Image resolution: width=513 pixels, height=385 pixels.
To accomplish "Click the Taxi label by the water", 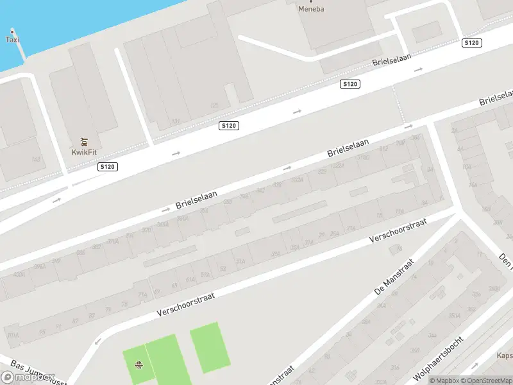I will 12,40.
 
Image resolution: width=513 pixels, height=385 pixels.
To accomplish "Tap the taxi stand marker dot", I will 12,31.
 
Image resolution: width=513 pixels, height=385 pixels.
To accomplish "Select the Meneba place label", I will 312,8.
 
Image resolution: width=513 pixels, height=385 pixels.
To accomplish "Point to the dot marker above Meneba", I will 312,1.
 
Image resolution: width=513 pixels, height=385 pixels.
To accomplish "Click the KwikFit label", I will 84,152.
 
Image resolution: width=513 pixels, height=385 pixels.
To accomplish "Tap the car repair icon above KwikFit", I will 84,142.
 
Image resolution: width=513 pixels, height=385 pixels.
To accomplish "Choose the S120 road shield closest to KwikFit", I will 108,167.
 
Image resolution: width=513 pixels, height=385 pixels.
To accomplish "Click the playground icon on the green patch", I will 138,366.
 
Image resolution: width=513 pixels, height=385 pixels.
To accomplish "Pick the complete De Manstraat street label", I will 394,278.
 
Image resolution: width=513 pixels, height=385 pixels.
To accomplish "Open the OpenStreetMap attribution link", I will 485,381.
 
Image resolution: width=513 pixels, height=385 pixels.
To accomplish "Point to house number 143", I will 36,159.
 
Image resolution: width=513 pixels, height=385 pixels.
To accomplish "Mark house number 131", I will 176,121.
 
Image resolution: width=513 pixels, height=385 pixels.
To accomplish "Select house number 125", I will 214,105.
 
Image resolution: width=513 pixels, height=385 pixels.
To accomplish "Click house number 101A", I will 12,335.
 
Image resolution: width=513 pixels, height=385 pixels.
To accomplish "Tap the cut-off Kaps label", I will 505,355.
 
